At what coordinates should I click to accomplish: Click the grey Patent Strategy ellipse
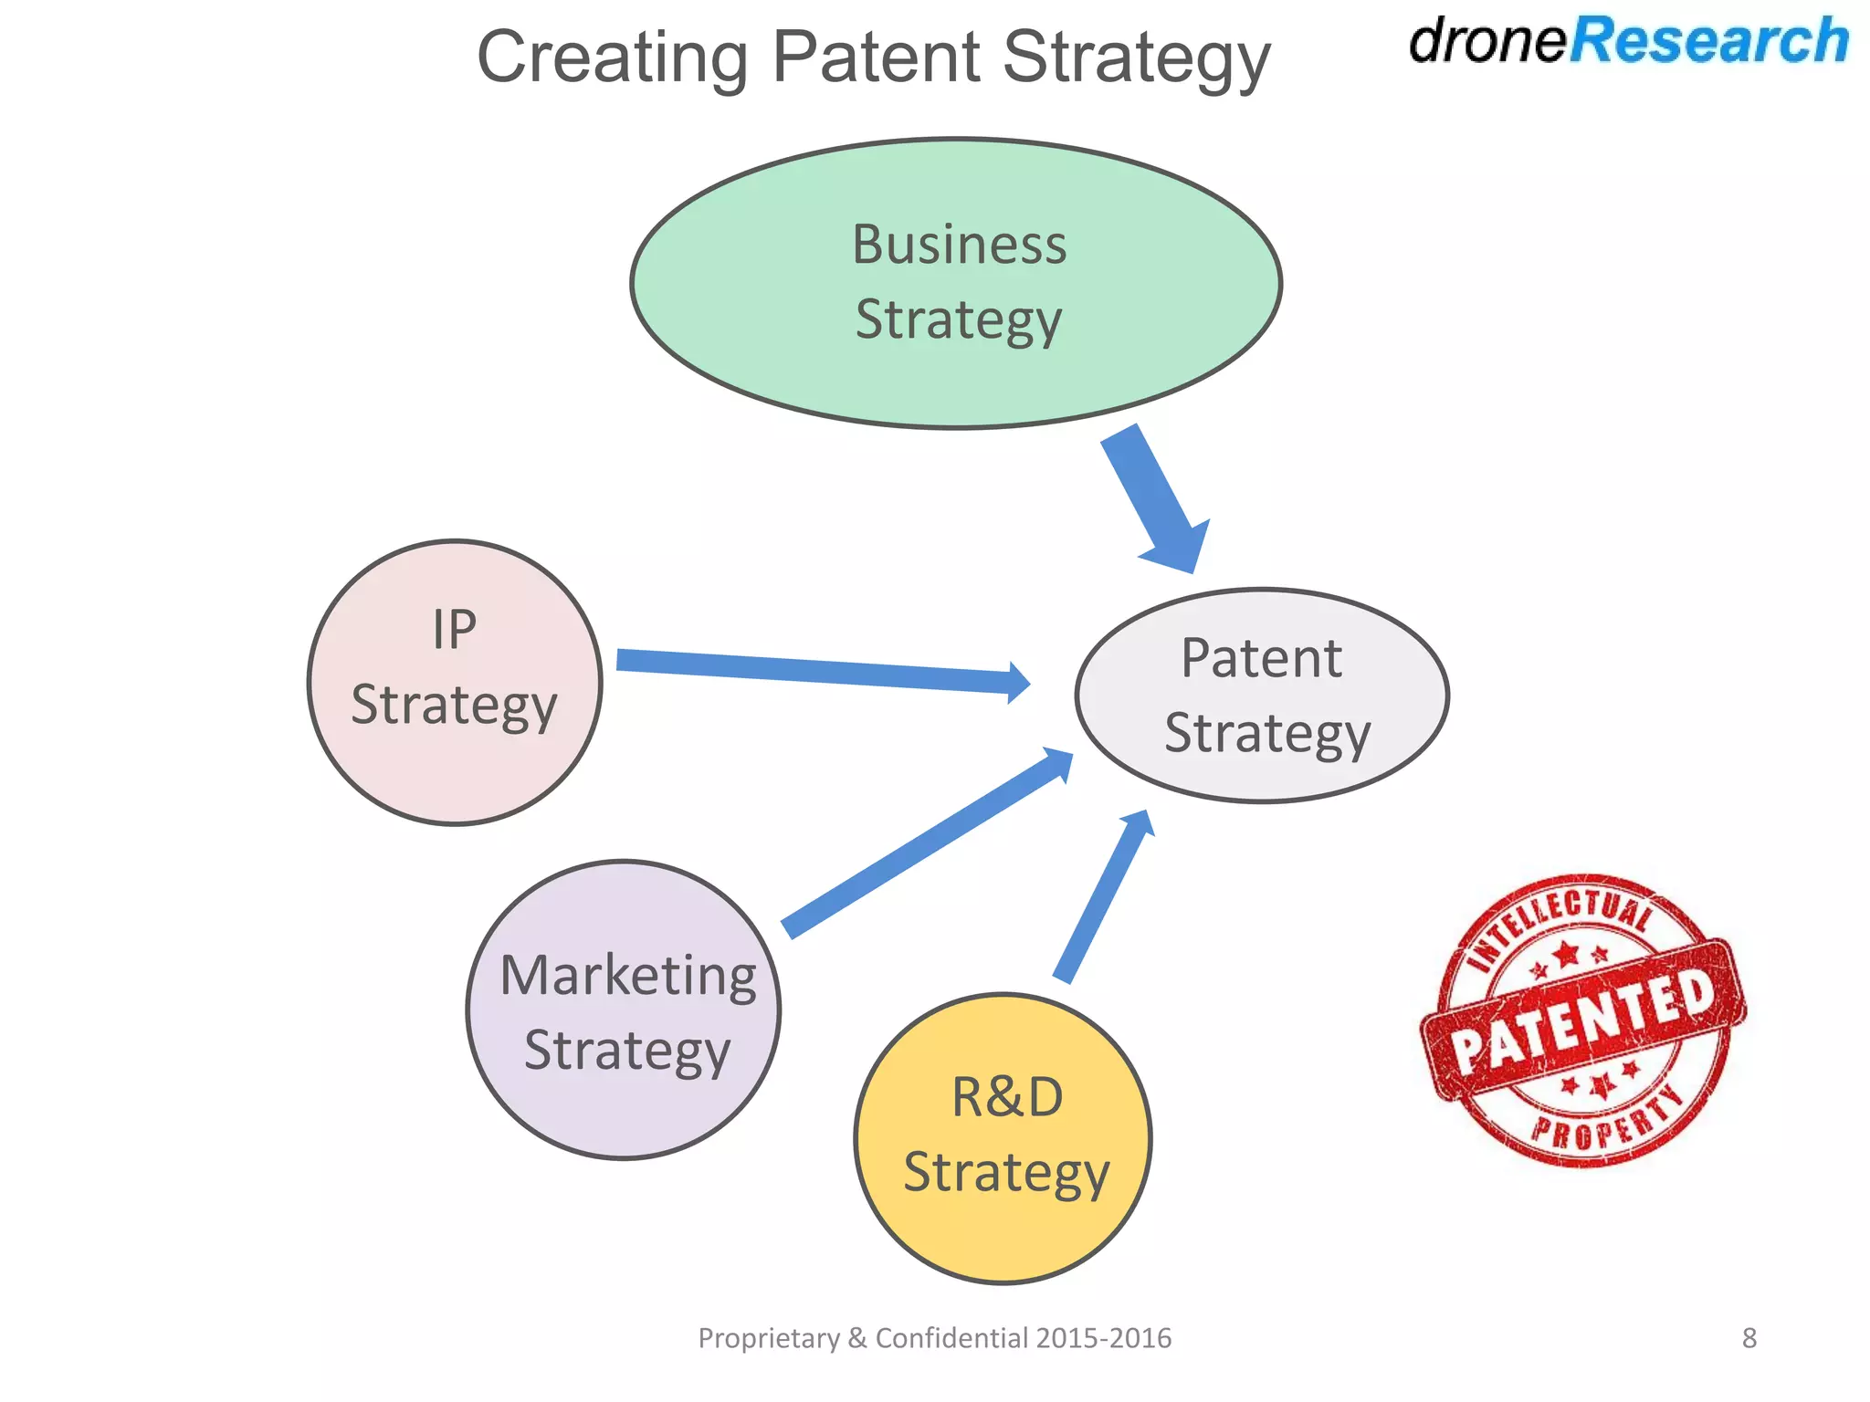[1262, 696]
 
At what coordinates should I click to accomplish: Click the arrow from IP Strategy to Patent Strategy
[822, 671]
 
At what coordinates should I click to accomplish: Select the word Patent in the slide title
[877, 57]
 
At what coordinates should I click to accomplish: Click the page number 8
[1749, 1338]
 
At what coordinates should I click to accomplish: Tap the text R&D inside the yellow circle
[1007, 1097]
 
